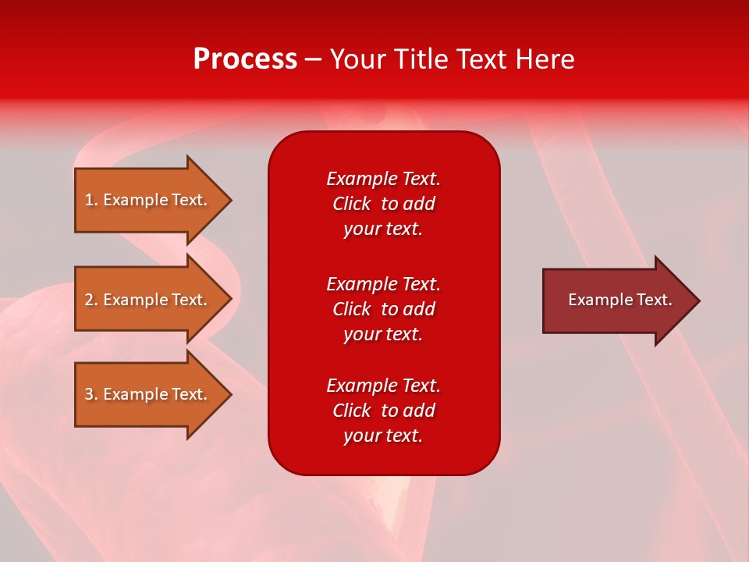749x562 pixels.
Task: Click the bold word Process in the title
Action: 245,59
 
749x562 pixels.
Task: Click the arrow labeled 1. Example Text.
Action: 148,200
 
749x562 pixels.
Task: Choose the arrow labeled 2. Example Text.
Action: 148,300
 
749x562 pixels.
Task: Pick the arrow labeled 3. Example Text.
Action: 148,394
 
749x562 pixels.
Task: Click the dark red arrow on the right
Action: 616,301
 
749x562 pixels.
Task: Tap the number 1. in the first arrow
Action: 91,200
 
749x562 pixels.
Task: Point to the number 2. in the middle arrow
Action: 91,300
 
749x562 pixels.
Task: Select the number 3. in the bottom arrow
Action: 91,394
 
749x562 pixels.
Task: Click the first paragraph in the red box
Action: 383,204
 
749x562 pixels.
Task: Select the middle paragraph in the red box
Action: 383,309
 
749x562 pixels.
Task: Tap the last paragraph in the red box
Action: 383,411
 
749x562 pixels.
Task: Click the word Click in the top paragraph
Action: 352,204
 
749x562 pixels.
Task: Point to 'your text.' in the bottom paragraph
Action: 383,436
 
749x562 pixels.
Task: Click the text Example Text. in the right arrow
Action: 620,300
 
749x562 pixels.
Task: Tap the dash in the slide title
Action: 314,59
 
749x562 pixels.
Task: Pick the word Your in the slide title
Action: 358,59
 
